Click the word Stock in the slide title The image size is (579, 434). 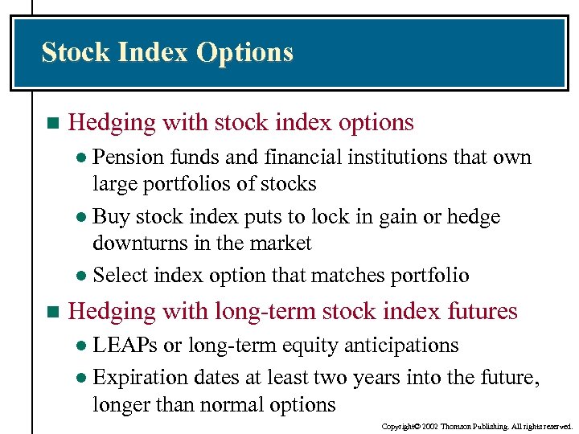click(76, 53)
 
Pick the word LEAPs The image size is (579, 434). click(125, 346)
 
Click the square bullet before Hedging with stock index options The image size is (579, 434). click(53, 124)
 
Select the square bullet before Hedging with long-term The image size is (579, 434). click(53, 311)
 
